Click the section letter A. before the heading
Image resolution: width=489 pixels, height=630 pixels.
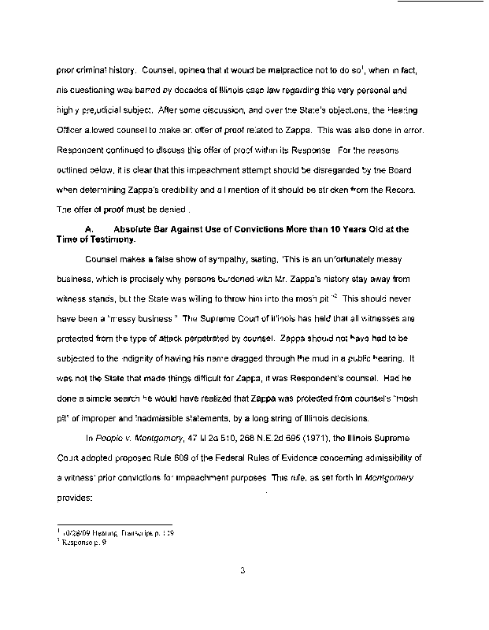(88, 229)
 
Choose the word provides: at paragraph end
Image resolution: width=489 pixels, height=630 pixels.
(75, 498)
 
